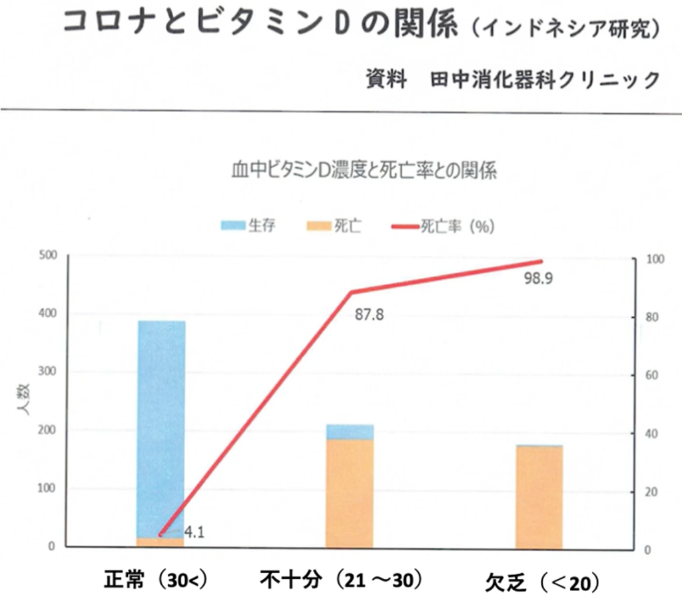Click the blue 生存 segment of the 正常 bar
point(161,426)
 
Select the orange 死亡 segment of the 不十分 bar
point(350,493)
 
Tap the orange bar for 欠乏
point(539,496)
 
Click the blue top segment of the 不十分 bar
point(350,432)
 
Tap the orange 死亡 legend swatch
point(318,226)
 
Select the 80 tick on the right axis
point(643,317)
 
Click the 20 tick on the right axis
point(643,492)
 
